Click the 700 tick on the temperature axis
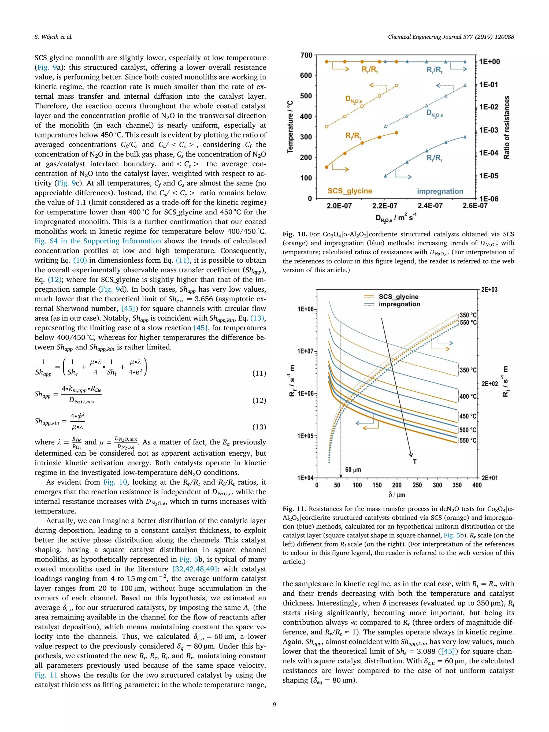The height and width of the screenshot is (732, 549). pos(306,55)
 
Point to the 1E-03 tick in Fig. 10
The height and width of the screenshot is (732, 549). pos(488,130)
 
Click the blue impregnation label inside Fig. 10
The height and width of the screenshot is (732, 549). pos(440,191)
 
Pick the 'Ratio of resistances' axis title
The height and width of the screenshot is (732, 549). pos(507,127)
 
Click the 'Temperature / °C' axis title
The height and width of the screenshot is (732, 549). pos(290,127)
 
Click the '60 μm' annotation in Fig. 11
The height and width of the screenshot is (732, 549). pos(353,470)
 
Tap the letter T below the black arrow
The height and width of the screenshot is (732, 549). pos(415,462)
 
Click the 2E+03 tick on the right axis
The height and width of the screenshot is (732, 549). pos(489,289)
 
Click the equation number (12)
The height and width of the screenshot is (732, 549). pos(259,400)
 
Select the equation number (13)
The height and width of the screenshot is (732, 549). pos(259,427)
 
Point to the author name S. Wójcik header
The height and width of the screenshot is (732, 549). pos(53,37)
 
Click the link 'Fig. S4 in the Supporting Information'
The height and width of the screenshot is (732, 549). pos(98,241)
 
